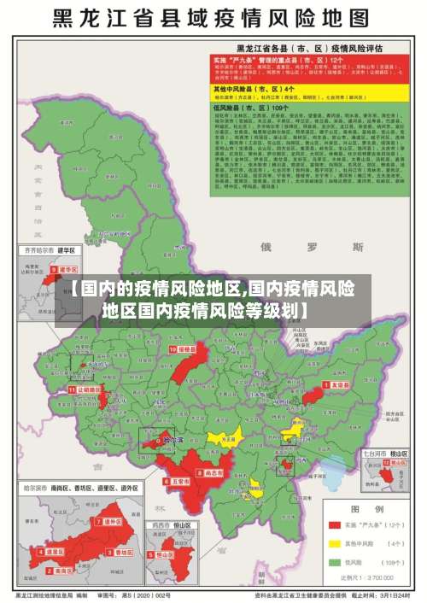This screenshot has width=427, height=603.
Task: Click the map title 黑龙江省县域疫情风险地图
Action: click(213, 18)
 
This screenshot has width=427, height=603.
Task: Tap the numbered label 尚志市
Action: click(212, 471)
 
